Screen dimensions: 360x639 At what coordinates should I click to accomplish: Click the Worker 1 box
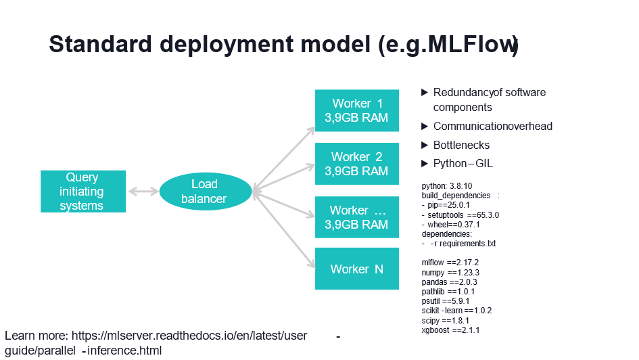click(x=357, y=111)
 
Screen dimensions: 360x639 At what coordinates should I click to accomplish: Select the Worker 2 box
click(x=357, y=164)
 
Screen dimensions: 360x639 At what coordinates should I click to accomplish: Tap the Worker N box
click(x=357, y=269)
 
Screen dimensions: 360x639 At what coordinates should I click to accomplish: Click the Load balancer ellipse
click(x=205, y=192)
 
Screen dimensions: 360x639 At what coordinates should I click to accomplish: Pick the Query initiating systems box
click(x=82, y=192)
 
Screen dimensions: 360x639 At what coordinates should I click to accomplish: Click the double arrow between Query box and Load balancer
click(x=143, y=192)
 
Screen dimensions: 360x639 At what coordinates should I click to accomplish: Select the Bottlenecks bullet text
click(x=461, y=145)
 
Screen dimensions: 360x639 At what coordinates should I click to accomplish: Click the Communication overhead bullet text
click(x=492, y=126)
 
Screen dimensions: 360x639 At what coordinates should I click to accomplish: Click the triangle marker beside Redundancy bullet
click(x=425, y=92)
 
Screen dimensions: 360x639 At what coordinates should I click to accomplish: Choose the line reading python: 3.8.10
click(x=447, y=185)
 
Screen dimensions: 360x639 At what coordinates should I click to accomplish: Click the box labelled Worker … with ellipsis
click(x=357, y=217)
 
